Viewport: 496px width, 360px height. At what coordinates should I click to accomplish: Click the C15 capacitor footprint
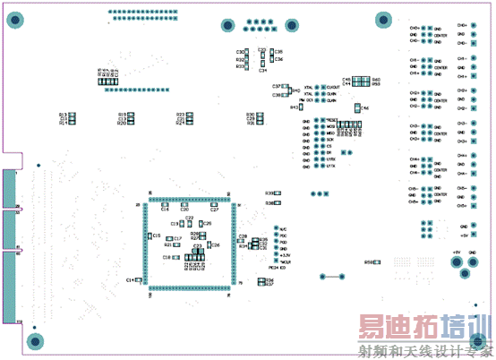tap(150, 235)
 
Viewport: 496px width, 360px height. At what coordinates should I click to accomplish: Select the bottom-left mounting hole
tap(36, 340)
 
